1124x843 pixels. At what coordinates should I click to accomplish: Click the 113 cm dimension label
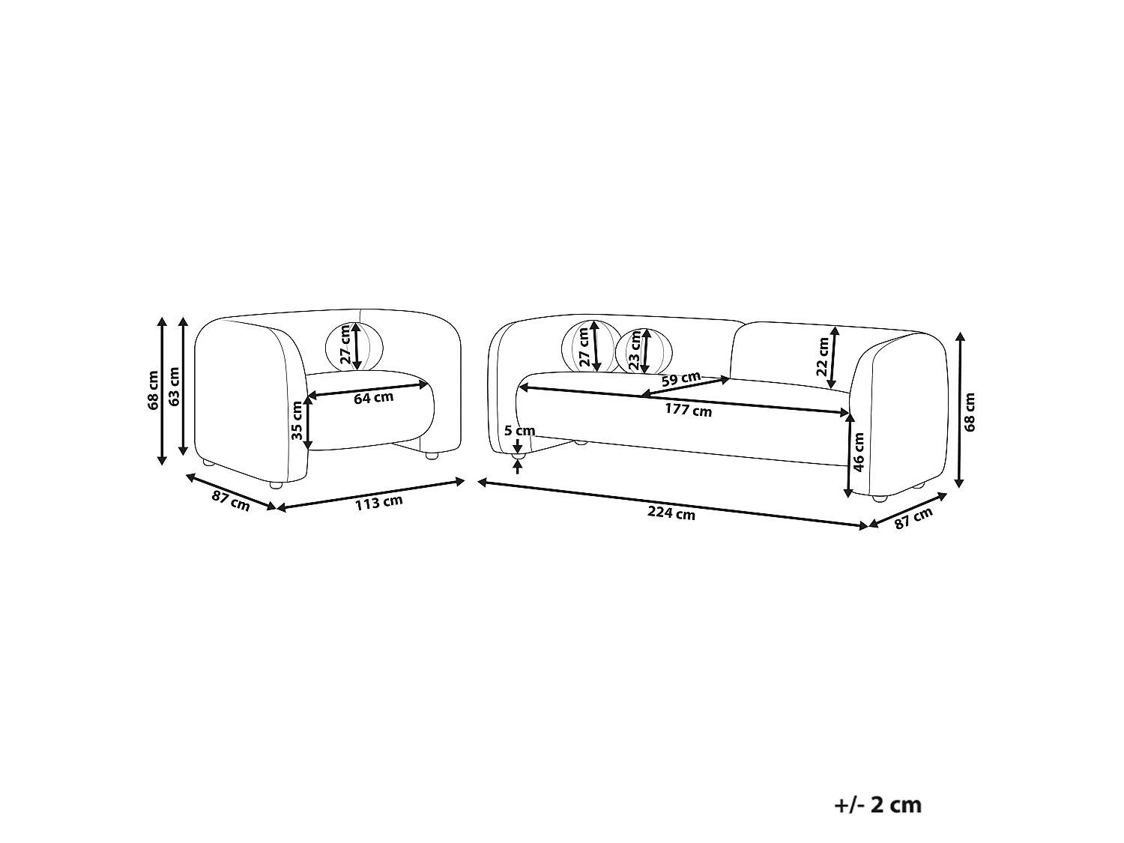(x=378, y=502)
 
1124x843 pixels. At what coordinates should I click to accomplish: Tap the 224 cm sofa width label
(x=671, y=513)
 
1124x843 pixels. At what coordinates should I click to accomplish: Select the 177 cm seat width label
(x=688, y=410)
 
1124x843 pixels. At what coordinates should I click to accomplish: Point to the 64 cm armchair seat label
(x=373, y=397)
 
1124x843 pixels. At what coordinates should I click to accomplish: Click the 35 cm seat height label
(x=297, y=420)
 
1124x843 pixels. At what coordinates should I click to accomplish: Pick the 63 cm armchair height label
(x=174, y=387)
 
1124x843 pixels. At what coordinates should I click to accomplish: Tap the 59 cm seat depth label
(x=680, y=379)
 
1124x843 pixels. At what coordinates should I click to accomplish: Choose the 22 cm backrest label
(x=822, y=357)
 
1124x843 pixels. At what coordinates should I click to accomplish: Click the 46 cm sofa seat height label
(x=859, y=452)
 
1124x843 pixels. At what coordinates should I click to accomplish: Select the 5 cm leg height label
(x=519, y=430)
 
